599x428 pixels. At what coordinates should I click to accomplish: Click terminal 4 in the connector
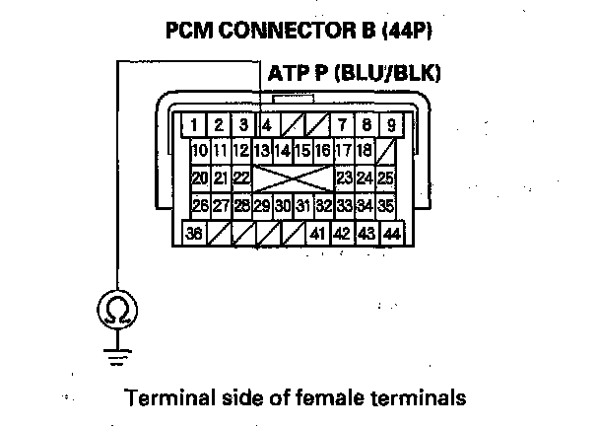pyautogui.click(x=267, y=125)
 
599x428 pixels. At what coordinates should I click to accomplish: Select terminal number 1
pyautogui.click(x=196, y=125)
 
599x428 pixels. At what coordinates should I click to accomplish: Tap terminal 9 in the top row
pyautogui.click(x=390, y=125)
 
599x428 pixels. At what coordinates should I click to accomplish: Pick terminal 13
pyautogui.click(x=262, y=151)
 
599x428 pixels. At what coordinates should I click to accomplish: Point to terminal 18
pyautogui.click(x=365, y=151)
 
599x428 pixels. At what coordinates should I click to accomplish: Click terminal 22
pyautogui.click(x=240, y=178)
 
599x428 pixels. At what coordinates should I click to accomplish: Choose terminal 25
pyautogui.click(x=386, y=178)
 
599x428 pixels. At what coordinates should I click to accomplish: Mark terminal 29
pyautogui.click(x=262, y=206)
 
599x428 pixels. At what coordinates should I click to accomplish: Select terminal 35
pyautogui.click(x=386, y=206)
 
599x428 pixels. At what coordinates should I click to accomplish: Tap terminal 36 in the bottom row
pyautogui.click(x=196, y=234)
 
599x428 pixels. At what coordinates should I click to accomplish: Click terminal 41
pyautogui.click(x=317, y=234)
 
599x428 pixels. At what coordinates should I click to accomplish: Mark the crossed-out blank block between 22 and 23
pyautogui.click(x=293, y=178)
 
